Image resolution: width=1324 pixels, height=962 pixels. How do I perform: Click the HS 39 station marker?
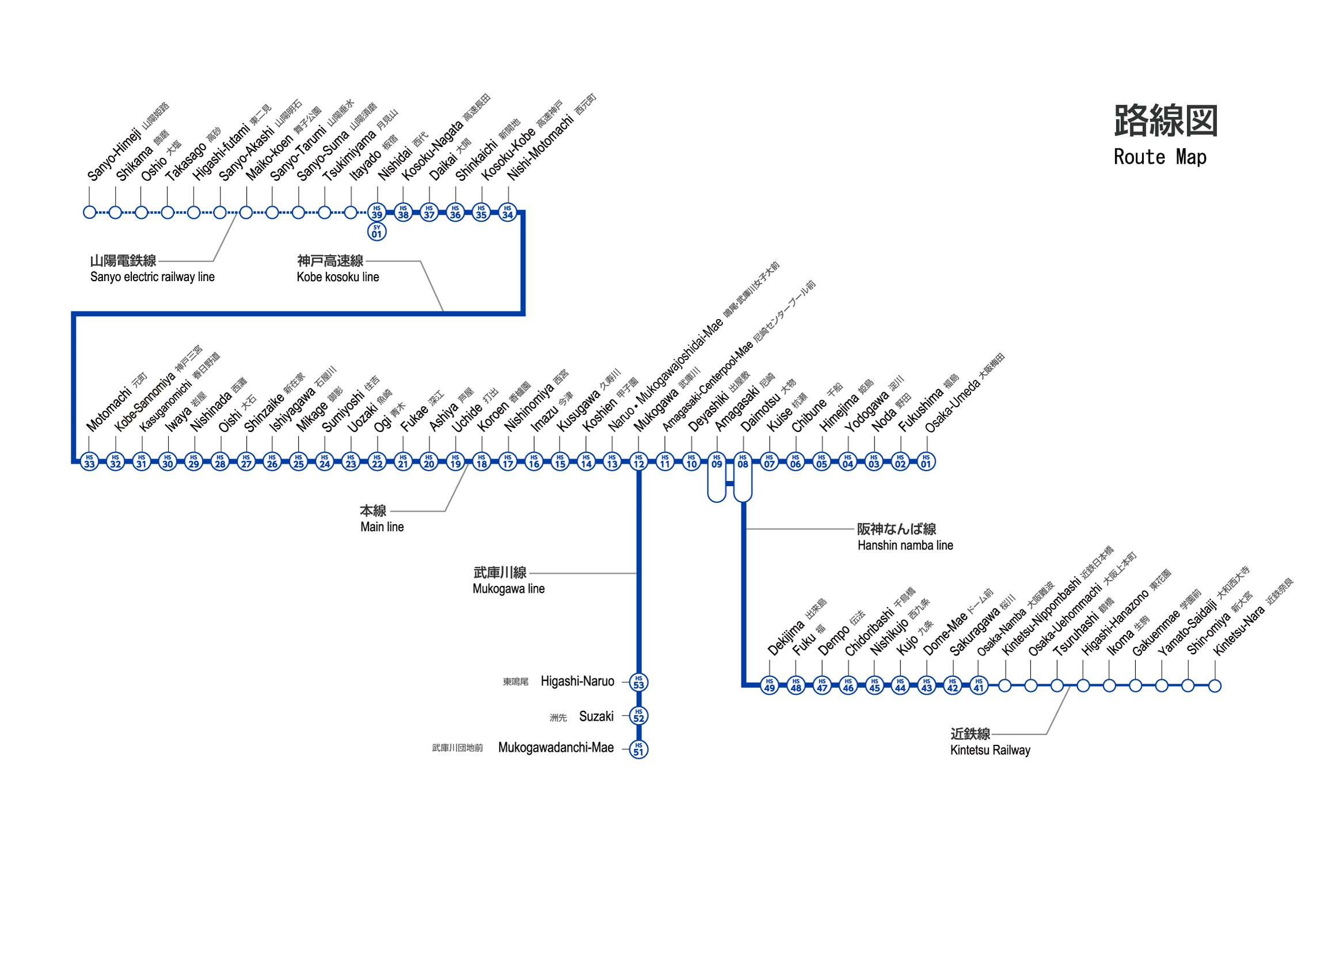pos(377,213)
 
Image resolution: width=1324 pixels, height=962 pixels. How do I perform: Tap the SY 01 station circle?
pos(377,233)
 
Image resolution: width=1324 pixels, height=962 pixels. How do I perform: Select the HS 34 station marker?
pos(508,213)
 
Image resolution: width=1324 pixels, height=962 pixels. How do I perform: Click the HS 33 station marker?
pos(89,462)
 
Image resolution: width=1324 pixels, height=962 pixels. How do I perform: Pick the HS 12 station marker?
pos(639,462)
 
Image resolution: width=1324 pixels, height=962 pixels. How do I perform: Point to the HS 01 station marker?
pos(926,462)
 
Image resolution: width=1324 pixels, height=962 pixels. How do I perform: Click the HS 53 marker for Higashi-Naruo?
pos(639,683)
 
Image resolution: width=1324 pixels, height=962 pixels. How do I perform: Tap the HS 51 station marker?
pos(639,750)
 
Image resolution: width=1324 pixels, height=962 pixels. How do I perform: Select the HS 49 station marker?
pos(770,685)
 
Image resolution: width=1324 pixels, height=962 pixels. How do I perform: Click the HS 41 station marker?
pos(979,685)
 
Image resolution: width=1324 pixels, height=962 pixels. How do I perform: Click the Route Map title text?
pos(1160,158)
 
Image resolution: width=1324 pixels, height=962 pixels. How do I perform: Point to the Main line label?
pos(382,528)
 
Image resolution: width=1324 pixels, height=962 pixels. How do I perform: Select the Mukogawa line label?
pos(508,589)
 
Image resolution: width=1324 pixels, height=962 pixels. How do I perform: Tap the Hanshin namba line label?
pos(906,546)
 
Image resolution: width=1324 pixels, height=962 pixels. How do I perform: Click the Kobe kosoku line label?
pos(337,278)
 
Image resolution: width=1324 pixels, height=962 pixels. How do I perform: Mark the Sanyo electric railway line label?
pos(153,278)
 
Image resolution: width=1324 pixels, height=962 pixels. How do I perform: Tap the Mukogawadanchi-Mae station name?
pos(556,748)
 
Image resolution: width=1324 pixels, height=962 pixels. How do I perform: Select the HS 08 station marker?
pos(743,462)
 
